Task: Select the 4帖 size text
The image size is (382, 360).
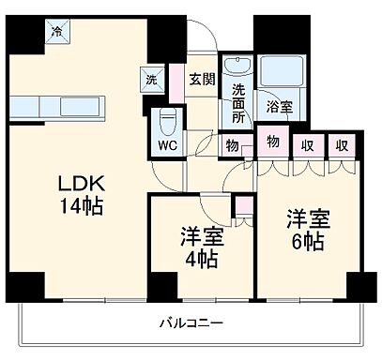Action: point(199,258)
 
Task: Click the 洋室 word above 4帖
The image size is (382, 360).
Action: point(199,236)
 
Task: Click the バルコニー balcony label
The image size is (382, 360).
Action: point(191,323)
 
